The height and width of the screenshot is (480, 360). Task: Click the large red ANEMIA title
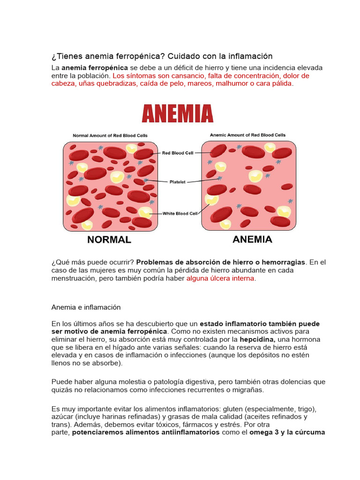[177, 113]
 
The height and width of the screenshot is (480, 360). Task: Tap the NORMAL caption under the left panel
[109, 240]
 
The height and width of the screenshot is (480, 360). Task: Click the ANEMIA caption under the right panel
[252, 240]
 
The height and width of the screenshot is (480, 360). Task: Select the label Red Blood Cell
[178, 152]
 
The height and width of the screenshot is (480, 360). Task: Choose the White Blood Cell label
[180, 213]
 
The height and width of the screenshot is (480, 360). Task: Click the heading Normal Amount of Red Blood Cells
[110, 135]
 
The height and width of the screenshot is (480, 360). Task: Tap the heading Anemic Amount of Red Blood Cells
[247, 135]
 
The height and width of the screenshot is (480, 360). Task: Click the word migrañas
[248, 390]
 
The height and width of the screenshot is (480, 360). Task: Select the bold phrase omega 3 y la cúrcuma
[287, 432]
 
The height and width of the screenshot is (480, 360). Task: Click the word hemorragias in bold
[286, 262]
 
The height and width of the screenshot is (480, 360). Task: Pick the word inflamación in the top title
[250, 56]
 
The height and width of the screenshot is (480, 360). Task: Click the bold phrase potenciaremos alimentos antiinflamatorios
[146, 432]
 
